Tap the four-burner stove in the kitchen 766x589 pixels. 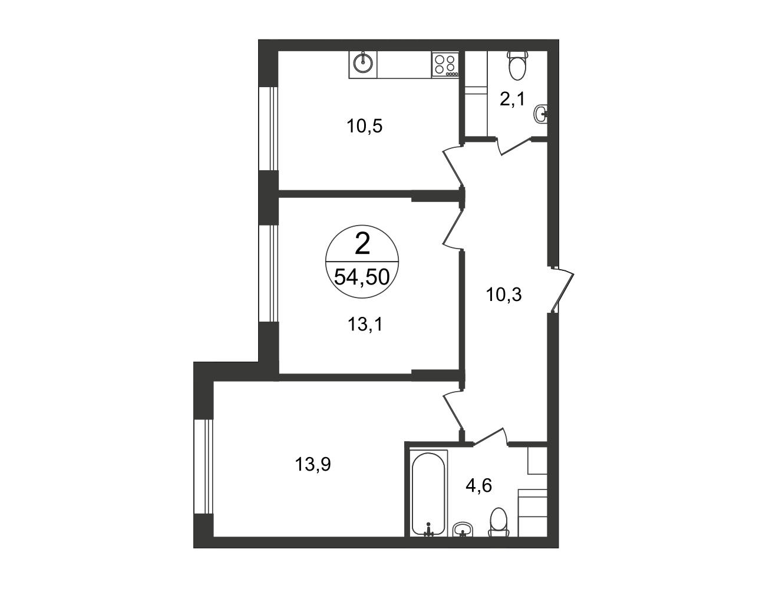(x=445, y=64)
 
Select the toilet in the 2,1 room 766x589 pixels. (x=517, y=65)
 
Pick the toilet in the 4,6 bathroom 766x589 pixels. (x=498, y=527)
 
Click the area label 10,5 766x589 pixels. (x=365, y=126)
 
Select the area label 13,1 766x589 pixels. (x=365, y=324)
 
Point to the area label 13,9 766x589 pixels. (x=313, y=464)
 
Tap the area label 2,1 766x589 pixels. (x=512, y=99)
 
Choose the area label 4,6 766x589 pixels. (x=478, y=486)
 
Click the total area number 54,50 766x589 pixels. (x=362, y=276)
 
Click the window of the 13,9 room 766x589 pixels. (x=204, y=466)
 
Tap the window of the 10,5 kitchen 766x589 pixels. (x=269, y=128)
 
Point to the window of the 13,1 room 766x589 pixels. (x=269, y=273)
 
